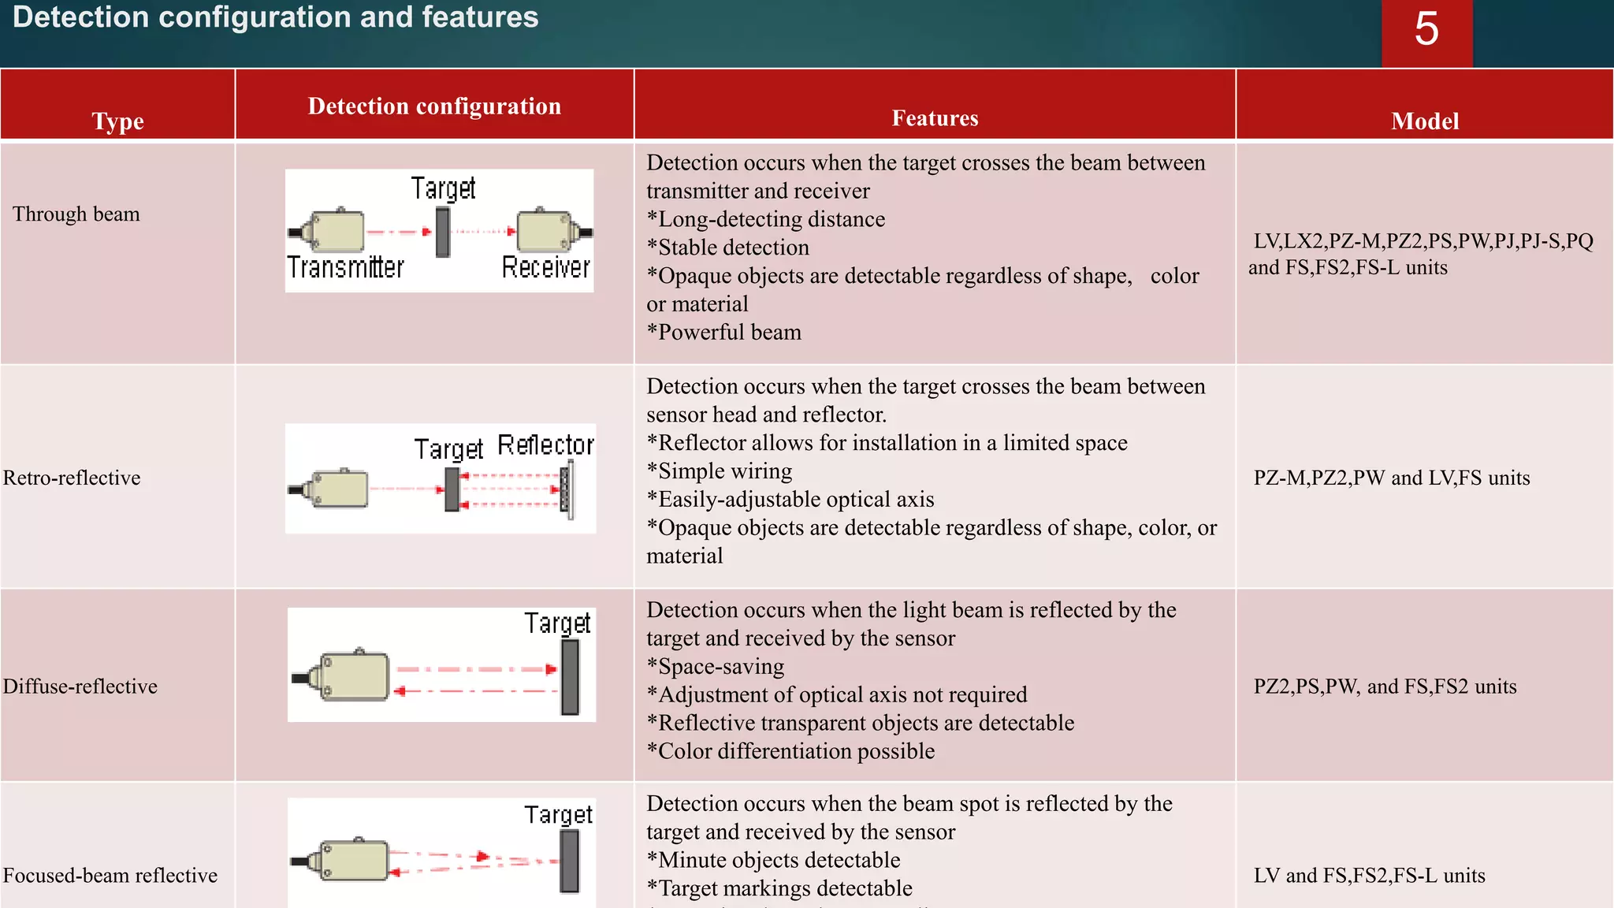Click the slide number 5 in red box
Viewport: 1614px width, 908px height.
click(x=1426, y=30)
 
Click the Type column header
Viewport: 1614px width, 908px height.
click(x=117, y=121)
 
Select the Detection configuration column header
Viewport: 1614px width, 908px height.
click(x=434, y=106)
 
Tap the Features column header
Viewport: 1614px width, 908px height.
click(x=935, y=118)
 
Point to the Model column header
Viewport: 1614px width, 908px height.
click(x=1424, y=121)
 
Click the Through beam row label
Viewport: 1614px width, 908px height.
click(x=76, y=214)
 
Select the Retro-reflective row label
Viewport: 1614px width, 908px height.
click(x=72, y=478)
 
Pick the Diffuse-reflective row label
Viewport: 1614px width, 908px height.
click(x=80, y=687)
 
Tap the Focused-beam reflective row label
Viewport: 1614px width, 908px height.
click(x=110, y=876)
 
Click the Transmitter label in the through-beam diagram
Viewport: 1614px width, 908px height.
click(x=345, y=268)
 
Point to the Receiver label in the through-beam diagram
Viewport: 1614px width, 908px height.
click(x=545, y=268)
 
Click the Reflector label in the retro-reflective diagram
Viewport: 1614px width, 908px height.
click(x=545, y=445)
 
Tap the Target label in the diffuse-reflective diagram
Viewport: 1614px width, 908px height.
click(x=557, y=623)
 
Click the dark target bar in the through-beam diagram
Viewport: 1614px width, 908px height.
click(x=443, y=232)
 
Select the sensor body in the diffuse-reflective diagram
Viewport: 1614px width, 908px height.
click(x=351, y=676)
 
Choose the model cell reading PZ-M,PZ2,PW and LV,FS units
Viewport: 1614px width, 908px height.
click(x=1392, y=478)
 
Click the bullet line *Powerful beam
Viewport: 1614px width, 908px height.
click(x=723, y=333)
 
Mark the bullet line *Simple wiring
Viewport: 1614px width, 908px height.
click(x=719, y=471)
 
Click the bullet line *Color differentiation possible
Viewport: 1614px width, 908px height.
click(x=790, y=751)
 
